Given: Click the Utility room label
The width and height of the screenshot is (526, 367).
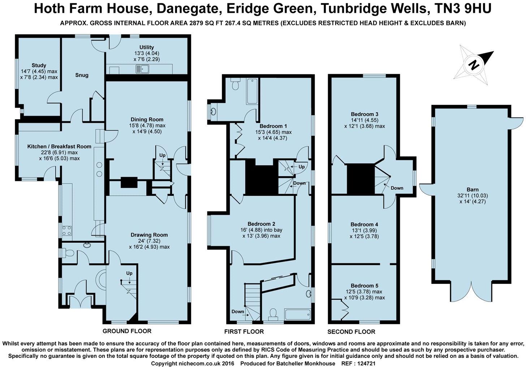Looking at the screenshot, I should (x=147, y=47).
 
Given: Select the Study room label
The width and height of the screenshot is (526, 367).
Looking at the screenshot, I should (x=39, y=65).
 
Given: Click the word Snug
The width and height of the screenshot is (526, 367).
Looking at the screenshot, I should (x=82, y=75).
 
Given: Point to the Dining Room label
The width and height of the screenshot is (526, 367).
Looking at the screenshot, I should (x=147, y=120).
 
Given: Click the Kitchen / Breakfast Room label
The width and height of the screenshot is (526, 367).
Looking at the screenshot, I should (x=59, y=147).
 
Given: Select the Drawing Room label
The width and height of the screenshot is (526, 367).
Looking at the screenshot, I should (x=149, y=235).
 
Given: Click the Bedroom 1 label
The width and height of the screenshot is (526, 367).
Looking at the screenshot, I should (x=273, y=126).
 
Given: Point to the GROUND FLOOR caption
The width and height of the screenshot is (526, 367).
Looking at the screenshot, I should (x=127, y=331).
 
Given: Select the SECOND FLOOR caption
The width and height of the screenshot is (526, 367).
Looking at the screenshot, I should (x=351, y=332).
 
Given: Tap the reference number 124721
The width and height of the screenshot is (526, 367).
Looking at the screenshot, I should (x=366, y=363).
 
